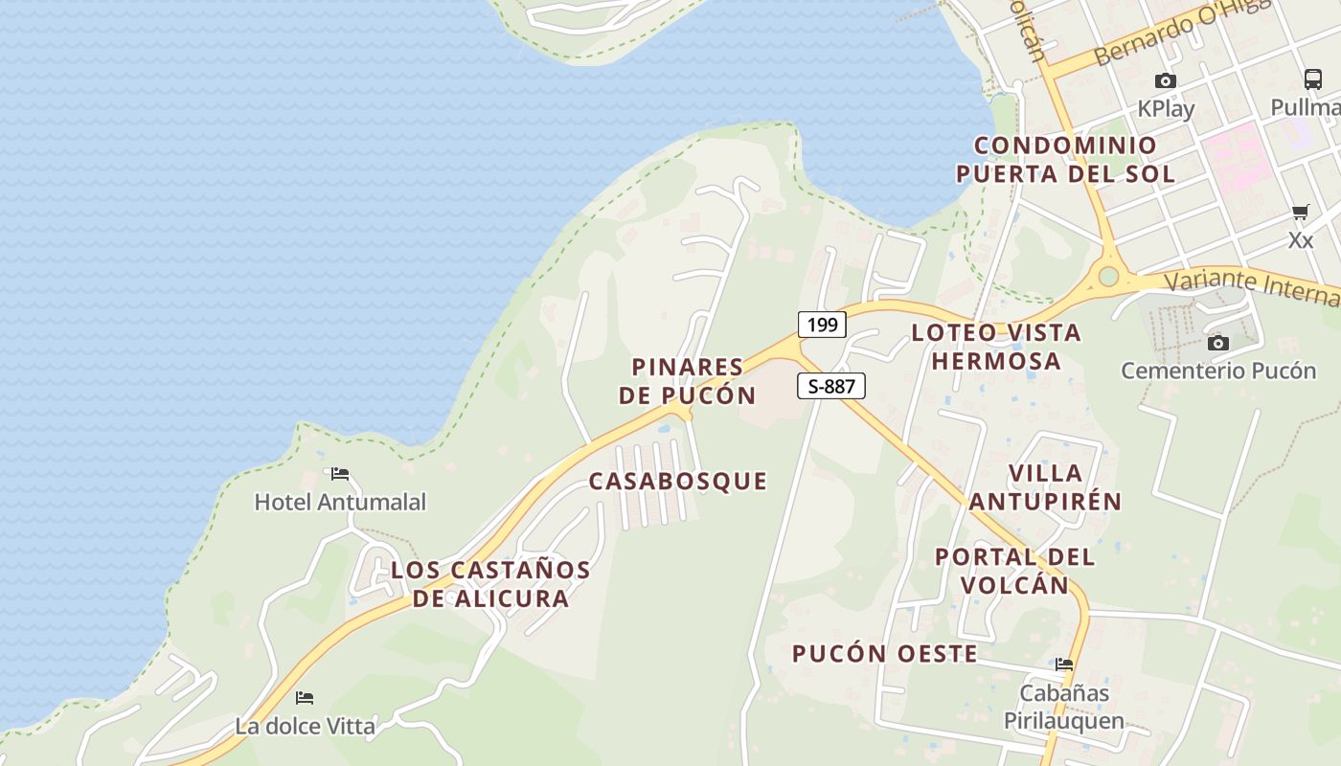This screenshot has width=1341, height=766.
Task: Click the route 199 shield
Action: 822,325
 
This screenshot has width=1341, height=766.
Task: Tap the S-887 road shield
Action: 830,386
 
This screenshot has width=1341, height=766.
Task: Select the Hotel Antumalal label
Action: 340,502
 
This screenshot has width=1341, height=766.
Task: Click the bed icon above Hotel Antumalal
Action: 340,474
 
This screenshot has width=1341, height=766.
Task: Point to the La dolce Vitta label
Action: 306,726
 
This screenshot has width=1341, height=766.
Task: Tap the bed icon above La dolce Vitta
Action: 305,698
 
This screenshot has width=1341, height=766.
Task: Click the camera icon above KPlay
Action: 1165,81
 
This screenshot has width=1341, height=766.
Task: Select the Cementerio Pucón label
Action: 1218,371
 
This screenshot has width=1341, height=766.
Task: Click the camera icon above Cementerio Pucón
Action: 1218,343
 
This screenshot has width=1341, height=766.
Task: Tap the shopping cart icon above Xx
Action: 1300,213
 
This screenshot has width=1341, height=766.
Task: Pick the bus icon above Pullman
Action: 1312,79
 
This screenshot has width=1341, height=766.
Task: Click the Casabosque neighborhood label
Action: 678,481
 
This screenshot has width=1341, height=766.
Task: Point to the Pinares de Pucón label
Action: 688,381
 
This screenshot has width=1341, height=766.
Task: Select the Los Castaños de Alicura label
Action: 491,584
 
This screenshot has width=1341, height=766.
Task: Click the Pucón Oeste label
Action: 884,654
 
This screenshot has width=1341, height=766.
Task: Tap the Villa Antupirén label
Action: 1045,486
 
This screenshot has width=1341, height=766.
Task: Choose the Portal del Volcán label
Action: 1014,571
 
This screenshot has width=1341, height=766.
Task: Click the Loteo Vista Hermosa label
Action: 996,347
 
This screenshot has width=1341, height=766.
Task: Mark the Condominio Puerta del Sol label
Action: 1065,160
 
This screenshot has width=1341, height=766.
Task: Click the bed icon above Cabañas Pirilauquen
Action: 1064,665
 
